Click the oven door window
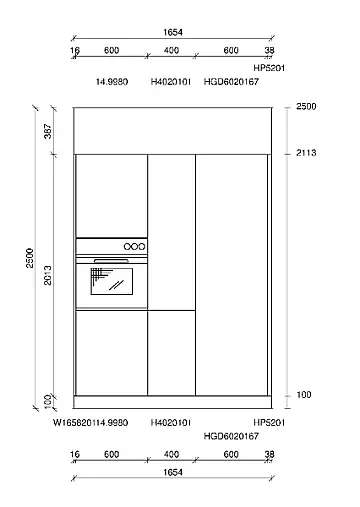[112, 281]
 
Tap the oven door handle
[111, 260]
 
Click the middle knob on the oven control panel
[134, 247]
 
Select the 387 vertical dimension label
[48, 131]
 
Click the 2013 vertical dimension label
[48, 275]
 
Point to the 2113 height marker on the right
[306, 153]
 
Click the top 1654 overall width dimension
[173, 32]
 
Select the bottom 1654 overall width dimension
[173, 472]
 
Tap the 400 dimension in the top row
[171, 50]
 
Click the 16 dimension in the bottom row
[75, 454]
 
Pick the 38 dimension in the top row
[269, 50]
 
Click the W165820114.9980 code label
[90, 423]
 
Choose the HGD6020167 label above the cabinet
[231, 82]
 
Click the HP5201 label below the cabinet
[269, 423]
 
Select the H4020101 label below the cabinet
[171, 423]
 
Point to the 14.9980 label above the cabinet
[112, 82]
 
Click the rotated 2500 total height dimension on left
[30, 258]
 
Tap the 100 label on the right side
[304, 395]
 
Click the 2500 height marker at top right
[306, 107]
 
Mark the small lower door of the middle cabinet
[171, 353]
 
